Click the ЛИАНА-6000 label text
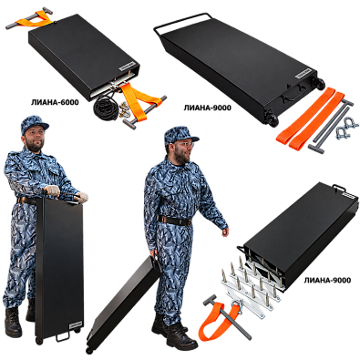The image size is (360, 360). (x=55, y=102)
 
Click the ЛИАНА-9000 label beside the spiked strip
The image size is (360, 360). (x=327, y=280)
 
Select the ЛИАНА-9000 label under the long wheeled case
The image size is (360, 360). (x=207, y=108)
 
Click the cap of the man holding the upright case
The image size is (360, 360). (x=34, y=124)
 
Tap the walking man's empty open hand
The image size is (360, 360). (x=225, y=232)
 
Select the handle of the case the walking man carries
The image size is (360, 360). (x=158, y=262)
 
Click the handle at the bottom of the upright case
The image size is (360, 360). (x=64, y=336)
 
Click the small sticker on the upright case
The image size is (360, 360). (x=76, y=324)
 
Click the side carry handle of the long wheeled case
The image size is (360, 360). (x=291, y=97)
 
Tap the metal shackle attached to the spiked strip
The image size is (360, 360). (x=239, y=306)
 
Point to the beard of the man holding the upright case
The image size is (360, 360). (x=35, y=145)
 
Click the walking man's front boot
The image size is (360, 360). (x=181, y=338)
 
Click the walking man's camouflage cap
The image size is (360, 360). (x=180, y=135)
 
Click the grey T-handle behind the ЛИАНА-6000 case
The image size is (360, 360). (x=29, y=18)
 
